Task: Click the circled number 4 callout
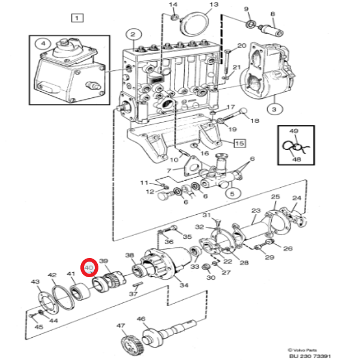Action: tap(43, 43)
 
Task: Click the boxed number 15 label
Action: tap(239, 143)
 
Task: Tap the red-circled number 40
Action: tap(89, 268)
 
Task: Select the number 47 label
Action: tap(121, 327)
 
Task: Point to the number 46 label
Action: tap(142, 320)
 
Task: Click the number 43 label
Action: tap(35, 282)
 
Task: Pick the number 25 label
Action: tap(275, 197)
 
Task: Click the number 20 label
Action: tap(242, 46)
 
